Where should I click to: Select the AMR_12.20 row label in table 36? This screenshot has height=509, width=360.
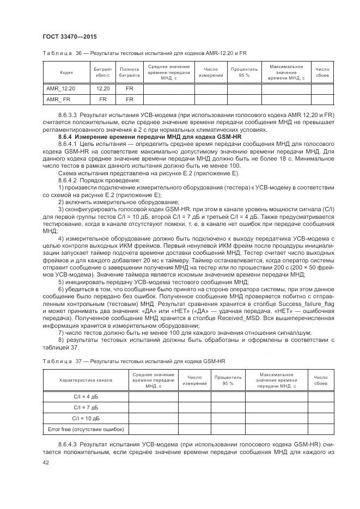(x=61, y=88)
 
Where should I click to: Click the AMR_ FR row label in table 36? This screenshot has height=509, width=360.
(x=58, y=100)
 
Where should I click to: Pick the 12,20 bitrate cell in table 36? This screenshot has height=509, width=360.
(x=103, y=88)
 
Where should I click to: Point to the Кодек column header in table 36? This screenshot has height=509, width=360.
(x=66, y=72)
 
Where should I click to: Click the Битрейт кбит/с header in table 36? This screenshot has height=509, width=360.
(x=103, y=72)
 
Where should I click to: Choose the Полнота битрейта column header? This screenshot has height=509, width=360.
(x=129, y=72)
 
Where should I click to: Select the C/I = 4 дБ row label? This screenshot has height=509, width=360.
(x=86, y=396)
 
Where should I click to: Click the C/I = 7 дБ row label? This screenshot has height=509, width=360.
(x=86, y=407)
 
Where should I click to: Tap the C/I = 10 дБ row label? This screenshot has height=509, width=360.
(x=86, y=418)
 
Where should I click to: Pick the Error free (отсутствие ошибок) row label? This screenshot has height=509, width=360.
(x=86, y=430)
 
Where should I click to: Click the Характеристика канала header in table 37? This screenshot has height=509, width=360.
(x=86, y=380)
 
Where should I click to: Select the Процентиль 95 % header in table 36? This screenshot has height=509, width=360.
(x=244, y=72)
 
